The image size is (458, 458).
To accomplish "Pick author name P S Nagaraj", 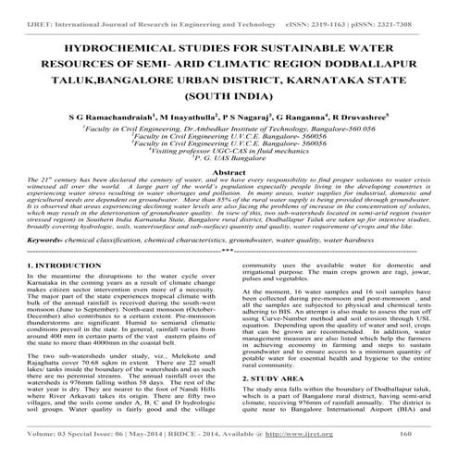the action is pyautogui.click(x=242, y=93).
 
